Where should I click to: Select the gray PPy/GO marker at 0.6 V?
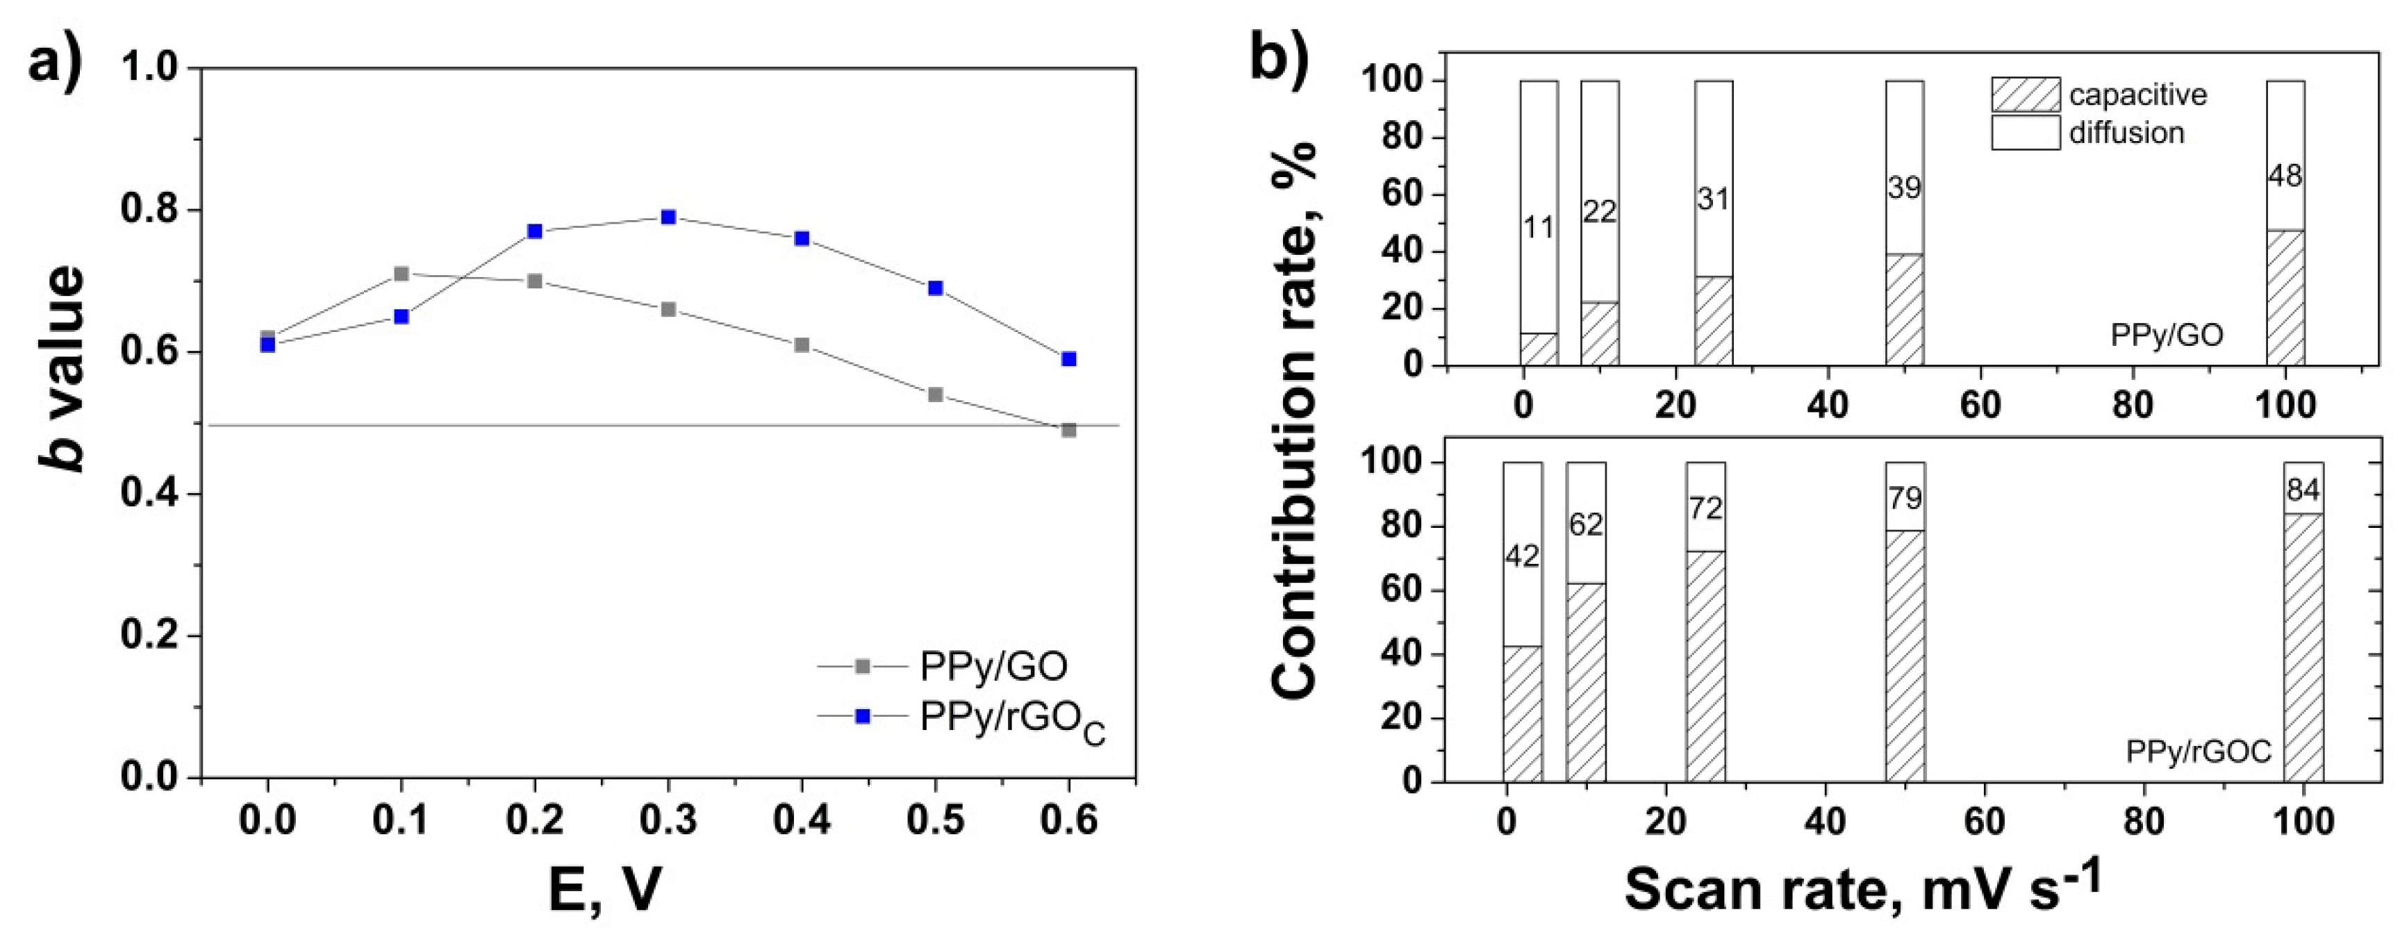(x=1068, y=431)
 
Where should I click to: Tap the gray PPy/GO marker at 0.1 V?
(x=402, y=274)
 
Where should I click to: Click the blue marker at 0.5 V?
(x=936, y=288)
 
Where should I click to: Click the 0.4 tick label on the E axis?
(x=801, y=820)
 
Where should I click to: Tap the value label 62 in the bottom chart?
(x=1586, y=524)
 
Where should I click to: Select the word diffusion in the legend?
(x=2127, y=133)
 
